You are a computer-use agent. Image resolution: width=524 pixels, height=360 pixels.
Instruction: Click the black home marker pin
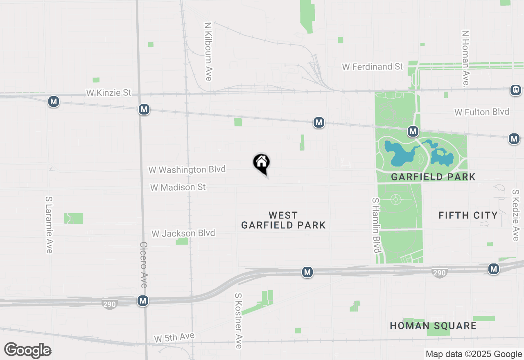click(261, 163)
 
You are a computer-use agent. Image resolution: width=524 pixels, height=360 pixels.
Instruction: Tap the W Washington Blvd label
click(187, 169)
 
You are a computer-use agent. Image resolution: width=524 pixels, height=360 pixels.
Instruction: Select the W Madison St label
click(178, 187)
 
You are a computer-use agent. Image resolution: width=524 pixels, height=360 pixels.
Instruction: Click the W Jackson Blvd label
click(183, 234)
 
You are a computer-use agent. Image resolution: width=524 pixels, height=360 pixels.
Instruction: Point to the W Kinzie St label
click(108, 93)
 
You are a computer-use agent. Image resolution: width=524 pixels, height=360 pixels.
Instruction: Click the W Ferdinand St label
click(373, 67)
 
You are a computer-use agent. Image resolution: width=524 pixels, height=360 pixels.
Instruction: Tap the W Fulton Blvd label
click(482, 112)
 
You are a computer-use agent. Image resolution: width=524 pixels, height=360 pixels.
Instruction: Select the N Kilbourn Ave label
click(208, 51)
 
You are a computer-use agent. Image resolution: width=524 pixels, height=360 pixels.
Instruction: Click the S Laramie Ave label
click(49, 225)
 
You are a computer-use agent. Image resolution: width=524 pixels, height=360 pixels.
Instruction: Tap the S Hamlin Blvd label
click(376, 225)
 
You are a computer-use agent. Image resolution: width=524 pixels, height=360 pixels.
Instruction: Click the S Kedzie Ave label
click(515, 215)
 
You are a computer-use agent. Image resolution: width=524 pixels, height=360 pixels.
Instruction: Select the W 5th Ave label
click(174, 337)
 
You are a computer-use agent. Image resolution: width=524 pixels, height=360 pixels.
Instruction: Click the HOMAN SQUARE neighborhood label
click(433, 326)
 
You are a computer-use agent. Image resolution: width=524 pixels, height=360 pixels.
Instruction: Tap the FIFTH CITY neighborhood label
click(468, 215)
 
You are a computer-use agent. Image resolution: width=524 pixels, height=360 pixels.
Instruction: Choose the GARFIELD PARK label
click(433, 177)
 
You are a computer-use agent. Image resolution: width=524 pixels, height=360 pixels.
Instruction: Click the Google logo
click(27, 350)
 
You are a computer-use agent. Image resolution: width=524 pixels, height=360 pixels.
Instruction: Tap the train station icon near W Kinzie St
click(516, 90)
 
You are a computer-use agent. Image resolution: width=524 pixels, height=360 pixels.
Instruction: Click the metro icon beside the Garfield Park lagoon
click(413, 131)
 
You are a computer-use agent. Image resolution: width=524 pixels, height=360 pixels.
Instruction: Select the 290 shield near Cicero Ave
click(110, 304)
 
